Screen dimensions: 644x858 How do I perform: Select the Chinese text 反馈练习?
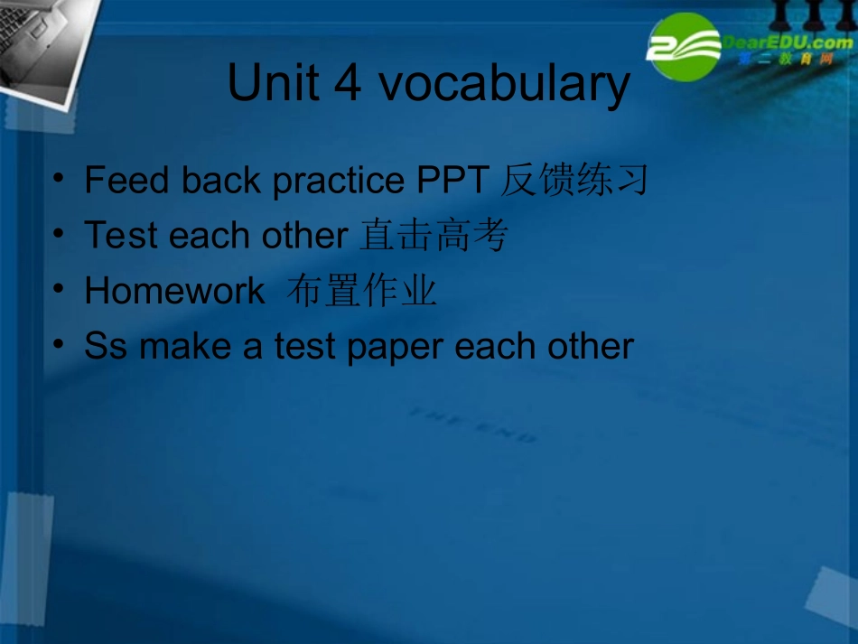[576, 180]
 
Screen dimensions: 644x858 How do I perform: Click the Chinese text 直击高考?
[434, 236]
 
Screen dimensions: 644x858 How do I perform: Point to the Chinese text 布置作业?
[362, 291]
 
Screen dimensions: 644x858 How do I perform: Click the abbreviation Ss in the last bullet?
[106, 347]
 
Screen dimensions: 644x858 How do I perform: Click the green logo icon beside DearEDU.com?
[684, 46]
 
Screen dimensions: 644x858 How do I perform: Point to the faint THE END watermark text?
[473, 425]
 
